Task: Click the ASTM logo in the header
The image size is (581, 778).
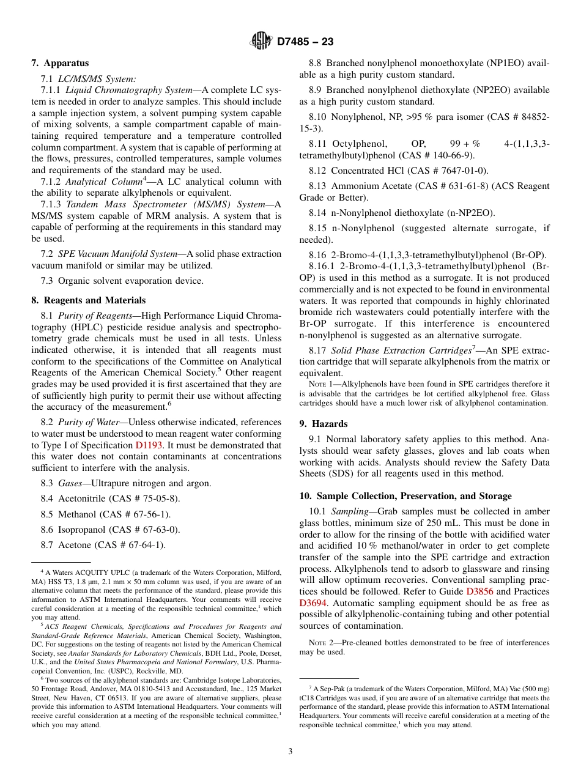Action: pos(261,42)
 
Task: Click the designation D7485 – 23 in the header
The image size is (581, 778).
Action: pos(305,42)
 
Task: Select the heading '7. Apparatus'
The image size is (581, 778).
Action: pos(60,63)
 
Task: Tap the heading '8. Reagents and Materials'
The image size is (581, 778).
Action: pos(89,300)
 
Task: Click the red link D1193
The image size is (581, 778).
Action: pos(149,445)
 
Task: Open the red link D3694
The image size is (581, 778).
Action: pos(313,603)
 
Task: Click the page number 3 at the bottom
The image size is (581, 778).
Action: pos(290,751)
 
